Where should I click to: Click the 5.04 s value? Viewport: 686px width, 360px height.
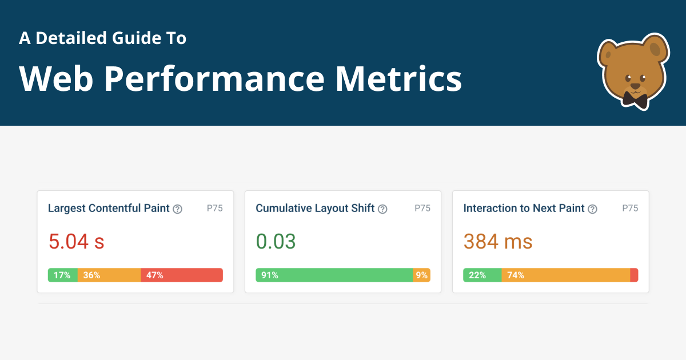point(76,242)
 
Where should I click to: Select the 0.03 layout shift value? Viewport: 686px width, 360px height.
point(276,242)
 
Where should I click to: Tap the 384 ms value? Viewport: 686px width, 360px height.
point(497,242)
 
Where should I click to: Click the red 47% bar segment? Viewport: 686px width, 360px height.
point(181,275)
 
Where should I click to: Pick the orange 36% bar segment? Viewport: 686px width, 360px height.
point(109,275)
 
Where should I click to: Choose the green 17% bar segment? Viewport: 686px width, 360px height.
point(62,275)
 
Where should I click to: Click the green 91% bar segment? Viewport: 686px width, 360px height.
point(334,275)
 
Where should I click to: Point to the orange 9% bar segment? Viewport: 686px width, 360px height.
point(422,275)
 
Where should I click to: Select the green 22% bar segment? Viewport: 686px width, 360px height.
point(482,275)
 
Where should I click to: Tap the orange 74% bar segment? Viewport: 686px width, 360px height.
point(565,275)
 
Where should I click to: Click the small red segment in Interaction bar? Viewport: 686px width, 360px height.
point(634,275)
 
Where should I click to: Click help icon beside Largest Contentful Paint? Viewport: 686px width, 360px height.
point(178,209)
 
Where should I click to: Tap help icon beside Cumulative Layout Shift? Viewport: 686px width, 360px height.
point(382,209)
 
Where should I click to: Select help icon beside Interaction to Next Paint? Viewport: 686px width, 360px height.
point(592,209)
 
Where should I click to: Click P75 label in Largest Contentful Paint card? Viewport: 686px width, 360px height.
point(214,208)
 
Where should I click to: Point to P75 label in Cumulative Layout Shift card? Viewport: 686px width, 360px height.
point(422,208)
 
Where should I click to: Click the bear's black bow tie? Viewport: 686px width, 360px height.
point(635,99)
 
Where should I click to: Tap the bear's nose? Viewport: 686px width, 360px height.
point(635,86)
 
